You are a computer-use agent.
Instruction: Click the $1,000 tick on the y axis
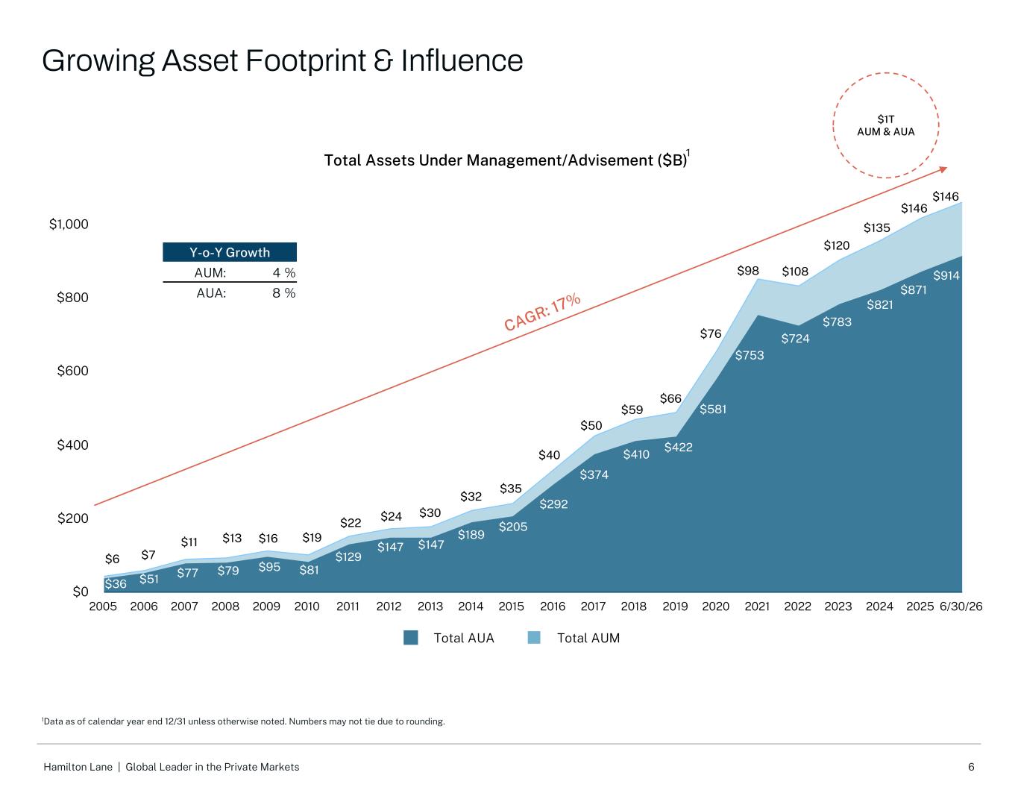pyautogui.click(x=69, y=225)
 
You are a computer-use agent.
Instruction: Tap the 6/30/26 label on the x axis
pyautogui.click(x=961, y=606)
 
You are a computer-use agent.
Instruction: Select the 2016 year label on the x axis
pyautogui.click(x=553, y=606)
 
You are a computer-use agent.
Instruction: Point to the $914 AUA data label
pyautogui.click(x=946, y=275)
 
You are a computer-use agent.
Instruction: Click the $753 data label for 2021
pyautogui.click(x=749, y=355)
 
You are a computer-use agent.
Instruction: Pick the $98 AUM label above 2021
pyautogui.click(x=748, y=270)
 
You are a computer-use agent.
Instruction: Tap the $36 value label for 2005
pyautogui.click(x=116, y=583)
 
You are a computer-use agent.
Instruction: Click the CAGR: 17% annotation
pyautogui.click(x=542, y=312)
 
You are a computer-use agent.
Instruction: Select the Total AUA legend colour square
pyautogui.click(x=410, y=638)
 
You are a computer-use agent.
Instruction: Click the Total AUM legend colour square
pyautogui.click(x=533, y=638)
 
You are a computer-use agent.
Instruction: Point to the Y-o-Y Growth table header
pyautogui.click(x=230, y=252)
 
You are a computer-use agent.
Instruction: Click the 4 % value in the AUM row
pyautogui.click(x=284, y=272)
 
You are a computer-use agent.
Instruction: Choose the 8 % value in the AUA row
pyautogui.click(x=284, y=292)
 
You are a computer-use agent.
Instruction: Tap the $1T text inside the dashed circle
pyautogui.click(x=885, y=119)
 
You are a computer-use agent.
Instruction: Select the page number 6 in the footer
pyautogui.click(x=971, y=767)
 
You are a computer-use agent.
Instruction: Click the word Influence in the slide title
pyautogui.click(x=462, y=61)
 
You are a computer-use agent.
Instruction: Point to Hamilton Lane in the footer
pyautogui.click(x=78, y=767)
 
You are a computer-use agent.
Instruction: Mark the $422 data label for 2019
pyautogui.click(x=679, y=447)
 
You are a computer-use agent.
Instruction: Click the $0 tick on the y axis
pyautogui.click(x=81, y=592)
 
